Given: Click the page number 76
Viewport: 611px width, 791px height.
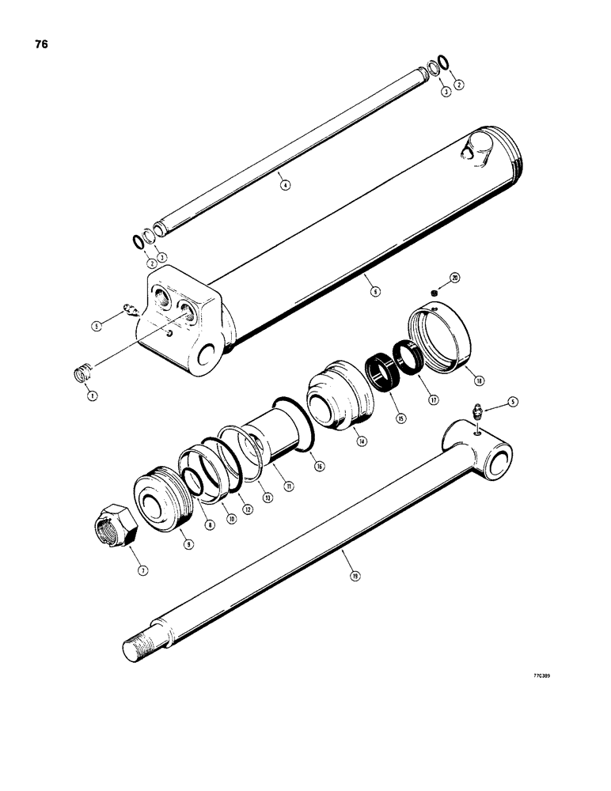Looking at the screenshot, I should coord(41,44).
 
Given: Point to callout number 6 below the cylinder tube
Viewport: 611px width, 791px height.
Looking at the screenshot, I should coord(376,291).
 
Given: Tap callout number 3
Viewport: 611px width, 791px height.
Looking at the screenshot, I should coord(446,93).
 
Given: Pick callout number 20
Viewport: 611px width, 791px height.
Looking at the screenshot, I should coord(454,278).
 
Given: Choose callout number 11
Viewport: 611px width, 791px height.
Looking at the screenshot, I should coord(290,486).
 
